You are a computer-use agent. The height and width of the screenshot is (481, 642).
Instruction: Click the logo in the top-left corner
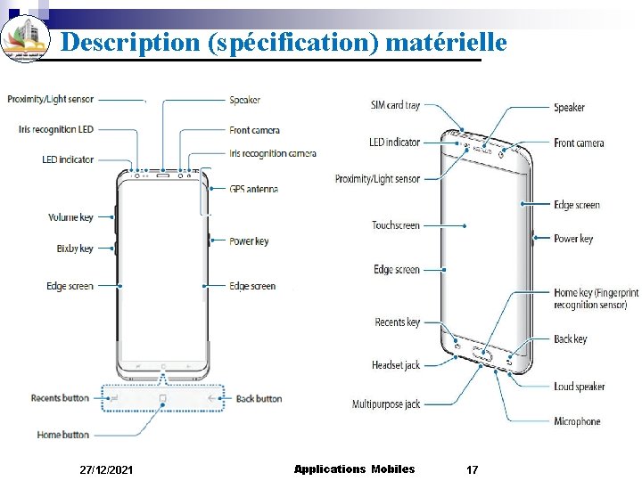(25, 40)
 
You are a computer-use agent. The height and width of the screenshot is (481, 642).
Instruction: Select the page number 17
(473, 469)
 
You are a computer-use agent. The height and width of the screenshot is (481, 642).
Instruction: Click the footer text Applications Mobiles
(354, 469)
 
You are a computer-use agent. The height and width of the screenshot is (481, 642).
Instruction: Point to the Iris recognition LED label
(55, 129)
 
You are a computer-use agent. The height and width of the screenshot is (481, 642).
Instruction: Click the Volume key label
(70, 217)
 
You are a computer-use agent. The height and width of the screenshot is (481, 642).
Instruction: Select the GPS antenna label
(253, 189)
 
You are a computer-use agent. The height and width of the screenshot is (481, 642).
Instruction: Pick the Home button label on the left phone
(62, 435)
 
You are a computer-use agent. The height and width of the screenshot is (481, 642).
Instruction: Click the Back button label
(259, 399)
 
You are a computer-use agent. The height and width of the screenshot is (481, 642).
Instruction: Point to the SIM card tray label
(395, 105)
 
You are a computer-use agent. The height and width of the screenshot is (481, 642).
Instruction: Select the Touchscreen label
(396, 225)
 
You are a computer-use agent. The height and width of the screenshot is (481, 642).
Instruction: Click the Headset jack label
(396, 365)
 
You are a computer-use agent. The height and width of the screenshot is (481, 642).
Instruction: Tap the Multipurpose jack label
(386, 404)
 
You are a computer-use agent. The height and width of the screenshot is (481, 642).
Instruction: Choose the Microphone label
(577, 421)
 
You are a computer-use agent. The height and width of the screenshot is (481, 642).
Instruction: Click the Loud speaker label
(579, 387)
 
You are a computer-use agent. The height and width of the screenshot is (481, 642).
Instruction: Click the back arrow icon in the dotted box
(213, 398)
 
